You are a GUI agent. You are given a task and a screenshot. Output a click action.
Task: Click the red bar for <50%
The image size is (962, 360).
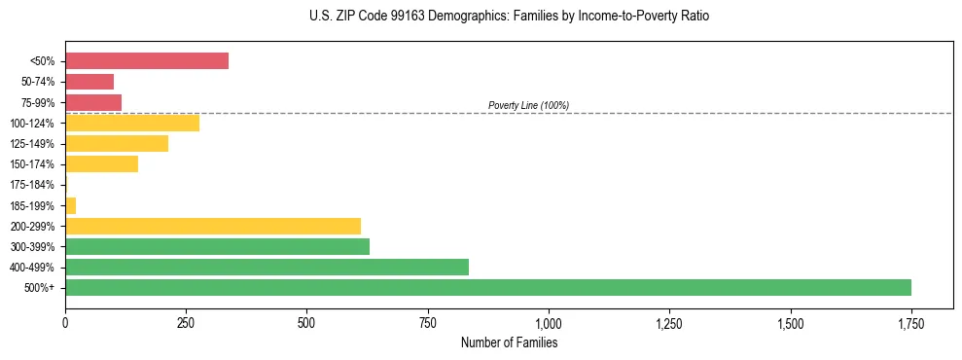tap(147, 61)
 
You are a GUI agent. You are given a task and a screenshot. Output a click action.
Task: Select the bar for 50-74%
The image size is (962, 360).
tap(89, 82)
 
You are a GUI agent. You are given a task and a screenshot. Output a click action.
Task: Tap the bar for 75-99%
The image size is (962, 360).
tap(93, 102)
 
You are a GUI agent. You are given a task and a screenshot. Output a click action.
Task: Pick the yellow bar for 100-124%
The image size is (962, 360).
tap(132, 123)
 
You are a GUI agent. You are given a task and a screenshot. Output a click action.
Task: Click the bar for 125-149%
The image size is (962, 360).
tap(117, 144)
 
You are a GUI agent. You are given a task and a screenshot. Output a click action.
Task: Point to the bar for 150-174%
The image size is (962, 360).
tap(102, 164)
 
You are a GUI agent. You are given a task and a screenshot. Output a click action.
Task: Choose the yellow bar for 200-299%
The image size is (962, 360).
tap(213, 226)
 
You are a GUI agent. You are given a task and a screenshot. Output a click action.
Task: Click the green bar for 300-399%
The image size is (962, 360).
tap(217, 246)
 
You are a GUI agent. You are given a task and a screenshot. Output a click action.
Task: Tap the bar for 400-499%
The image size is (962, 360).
tap(267, 267)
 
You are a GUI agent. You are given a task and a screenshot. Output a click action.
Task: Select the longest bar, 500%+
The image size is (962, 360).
tap(488, 287)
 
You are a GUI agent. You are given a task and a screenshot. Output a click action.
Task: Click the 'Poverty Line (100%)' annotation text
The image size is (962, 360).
tap(528, 105)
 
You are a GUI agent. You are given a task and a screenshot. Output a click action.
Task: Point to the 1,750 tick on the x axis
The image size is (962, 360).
tap(911, 322)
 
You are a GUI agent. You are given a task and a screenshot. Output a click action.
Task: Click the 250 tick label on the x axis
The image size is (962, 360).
tap(186, 322)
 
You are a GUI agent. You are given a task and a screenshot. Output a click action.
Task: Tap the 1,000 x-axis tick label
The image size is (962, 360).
tap(549, 322)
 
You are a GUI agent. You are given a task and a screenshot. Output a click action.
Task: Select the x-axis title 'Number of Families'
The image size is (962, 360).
tap(509, 342)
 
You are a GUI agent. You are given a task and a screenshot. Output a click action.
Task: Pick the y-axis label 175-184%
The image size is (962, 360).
tap(33, 185)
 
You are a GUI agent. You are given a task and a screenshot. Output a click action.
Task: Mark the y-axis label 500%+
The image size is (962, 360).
tap(40, 288)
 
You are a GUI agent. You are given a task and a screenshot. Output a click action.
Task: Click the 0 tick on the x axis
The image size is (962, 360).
tap(65, 322)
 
